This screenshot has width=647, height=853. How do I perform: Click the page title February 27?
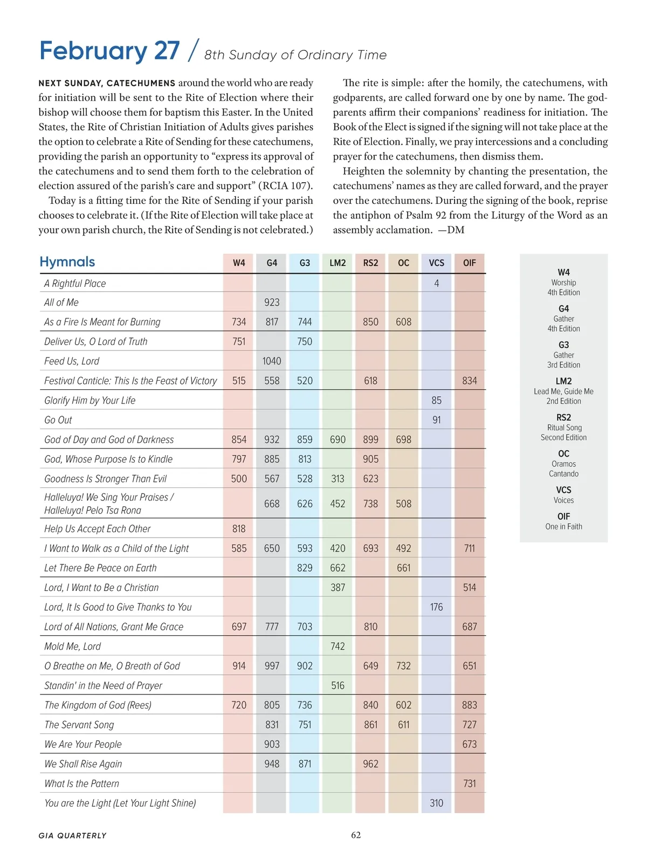coord(109,51)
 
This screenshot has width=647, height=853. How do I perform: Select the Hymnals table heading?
coord(67,262)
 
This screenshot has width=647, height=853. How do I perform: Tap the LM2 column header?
coord(338,263)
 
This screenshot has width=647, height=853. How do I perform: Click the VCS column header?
coord(436,263)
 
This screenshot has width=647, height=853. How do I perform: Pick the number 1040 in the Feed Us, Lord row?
coord(272,361)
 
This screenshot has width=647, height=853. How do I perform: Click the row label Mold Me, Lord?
coord(72,646)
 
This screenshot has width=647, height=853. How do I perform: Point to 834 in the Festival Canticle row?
coord(469,381)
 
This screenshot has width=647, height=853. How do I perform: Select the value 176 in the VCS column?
coord(436,607)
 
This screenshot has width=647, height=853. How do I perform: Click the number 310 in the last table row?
coord(436,803)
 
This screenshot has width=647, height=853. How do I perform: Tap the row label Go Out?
coord(58,420)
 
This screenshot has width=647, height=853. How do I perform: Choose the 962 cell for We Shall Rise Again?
coord(370,764)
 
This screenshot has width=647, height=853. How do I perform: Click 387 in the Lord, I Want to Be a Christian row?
coord(338,588)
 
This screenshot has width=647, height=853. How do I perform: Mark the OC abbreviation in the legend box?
coord(563,454)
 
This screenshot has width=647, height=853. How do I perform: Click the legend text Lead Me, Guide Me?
coord(563,391)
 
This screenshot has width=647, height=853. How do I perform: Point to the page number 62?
coord(356,835)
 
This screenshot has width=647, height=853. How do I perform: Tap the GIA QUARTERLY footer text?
coord(72,836)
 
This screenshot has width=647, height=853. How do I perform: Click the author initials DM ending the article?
coord(456,230)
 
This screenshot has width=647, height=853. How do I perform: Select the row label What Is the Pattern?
coord(81,783)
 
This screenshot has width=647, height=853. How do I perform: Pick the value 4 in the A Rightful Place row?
coord(436,284)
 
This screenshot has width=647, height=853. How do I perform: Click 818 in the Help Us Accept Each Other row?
coord(239,529)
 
